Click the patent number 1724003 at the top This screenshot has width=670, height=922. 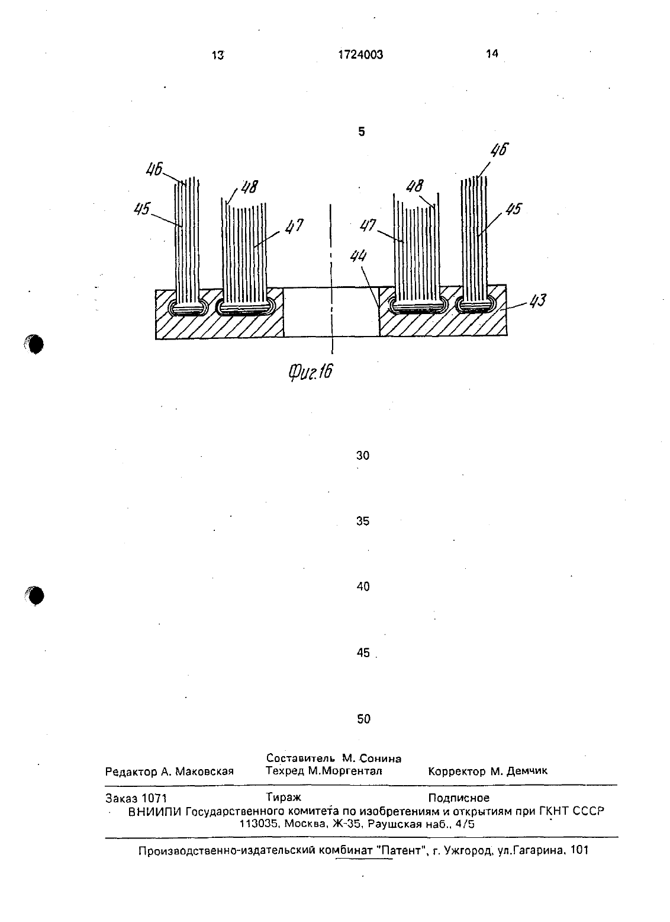coord(360,55)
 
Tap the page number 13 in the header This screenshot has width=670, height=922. coord(217,55)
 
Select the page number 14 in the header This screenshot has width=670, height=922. coord(492,53)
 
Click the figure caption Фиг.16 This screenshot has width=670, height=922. coord(310,372)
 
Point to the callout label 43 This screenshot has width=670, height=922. coord(537,300)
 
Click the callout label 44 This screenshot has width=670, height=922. coord(359,257)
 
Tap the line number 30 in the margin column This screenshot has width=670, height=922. coord(363,455)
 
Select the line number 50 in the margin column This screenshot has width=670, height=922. coord(364,719)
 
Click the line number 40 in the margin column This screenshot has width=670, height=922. coord(363,587)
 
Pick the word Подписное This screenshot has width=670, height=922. coord(459,798)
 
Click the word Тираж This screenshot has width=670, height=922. coord(284,798)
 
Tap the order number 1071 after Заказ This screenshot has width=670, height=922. coord(154,798)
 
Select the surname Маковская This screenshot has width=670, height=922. coord(204,771)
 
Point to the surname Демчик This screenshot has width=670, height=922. coord(527,771)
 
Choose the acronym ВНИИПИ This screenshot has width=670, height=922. coord(155,811)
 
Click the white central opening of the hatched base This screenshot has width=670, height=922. coord(331,312)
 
